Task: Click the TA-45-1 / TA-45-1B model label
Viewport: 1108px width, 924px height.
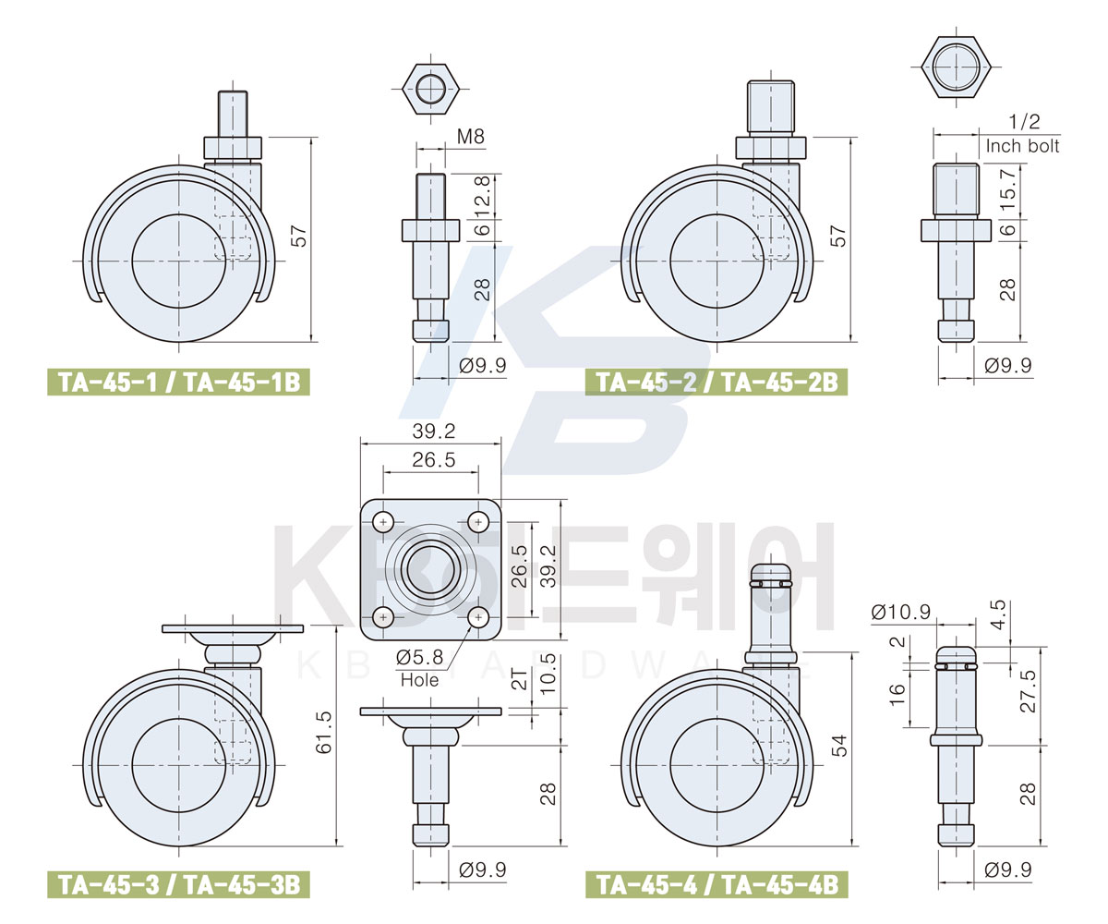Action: (x=178, y=382)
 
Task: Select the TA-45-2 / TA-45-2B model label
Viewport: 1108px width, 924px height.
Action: (x=717, y=382)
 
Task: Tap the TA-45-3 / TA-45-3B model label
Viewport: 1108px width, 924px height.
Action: (x=178, y=884)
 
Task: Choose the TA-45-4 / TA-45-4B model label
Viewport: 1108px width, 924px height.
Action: (x=717, y=884)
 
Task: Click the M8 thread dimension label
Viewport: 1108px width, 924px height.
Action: (x=471, y=137)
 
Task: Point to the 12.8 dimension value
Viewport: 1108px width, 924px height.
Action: (x=482, y=196)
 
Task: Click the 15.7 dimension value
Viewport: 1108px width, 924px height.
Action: (x=1008, y=191)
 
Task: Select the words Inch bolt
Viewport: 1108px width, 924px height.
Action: (x=1022, y=146)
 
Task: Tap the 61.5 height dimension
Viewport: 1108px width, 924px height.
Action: (x=323, y=732)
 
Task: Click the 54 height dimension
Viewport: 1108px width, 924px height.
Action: (x=839, y=746)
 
